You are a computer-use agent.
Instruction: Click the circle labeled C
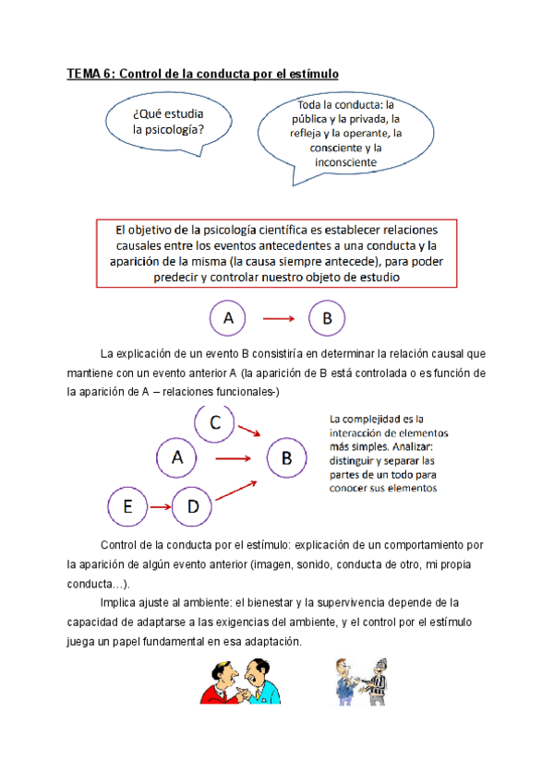click(x=215, y=423)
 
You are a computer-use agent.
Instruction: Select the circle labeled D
click(x=193, y=505)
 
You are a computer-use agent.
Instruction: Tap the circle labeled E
click(x=128, y=506)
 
